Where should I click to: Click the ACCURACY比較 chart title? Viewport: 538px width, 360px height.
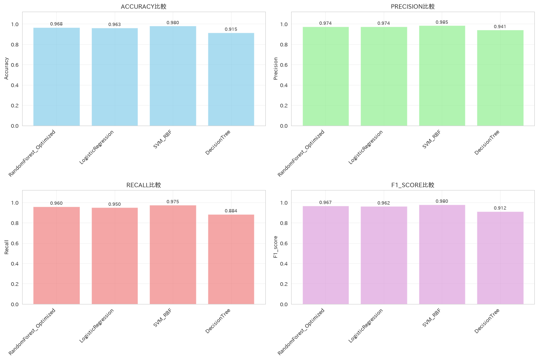tap(143, 6)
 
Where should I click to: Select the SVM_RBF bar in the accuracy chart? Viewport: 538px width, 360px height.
tap(173, 76)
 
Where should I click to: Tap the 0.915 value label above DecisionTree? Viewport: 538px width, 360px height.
tap(231, 29)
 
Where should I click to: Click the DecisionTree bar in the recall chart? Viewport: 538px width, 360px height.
tap(231, 259)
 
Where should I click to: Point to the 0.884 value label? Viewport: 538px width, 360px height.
tap(231, 211)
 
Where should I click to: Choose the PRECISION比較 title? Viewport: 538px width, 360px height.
tap(413, 6)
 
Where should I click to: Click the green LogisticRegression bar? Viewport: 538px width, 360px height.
tap(384, 77)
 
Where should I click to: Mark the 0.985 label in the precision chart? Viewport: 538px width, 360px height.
tap(442, 22)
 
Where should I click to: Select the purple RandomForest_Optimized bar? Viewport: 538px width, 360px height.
tap(326, 255)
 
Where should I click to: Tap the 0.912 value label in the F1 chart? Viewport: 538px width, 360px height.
tap(500, 208)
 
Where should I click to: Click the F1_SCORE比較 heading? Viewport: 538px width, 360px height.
tap(413, 185)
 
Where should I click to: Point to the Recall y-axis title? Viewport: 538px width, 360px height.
tap(6, 247)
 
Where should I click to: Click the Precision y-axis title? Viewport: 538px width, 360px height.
tap(275, 68)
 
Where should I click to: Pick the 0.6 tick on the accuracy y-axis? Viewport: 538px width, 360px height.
tap(14, 65)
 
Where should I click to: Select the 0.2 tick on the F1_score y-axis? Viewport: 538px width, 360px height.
tap(283, 284)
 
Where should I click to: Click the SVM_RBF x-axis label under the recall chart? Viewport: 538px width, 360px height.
tap(162, 318)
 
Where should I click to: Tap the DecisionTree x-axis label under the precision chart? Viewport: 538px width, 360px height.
tap(487, 143)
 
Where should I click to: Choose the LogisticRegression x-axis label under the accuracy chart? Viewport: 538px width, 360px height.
tap(97, 147)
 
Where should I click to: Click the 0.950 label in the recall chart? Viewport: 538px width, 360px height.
tap(114, 205)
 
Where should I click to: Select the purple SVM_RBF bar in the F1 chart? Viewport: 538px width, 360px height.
tap(442, 254)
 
